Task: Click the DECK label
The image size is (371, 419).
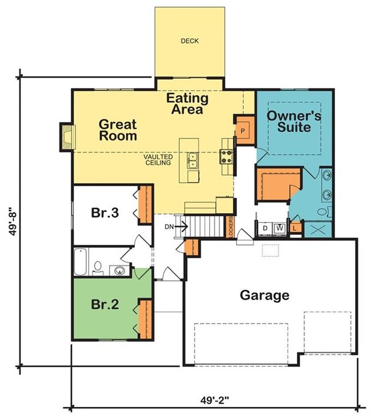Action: point(189,41)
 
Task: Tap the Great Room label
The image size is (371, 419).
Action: point(118,130)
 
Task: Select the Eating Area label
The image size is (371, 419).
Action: point(187,104)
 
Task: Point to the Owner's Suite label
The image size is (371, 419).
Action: point(294,122)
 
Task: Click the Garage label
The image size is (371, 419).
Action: point(264,295)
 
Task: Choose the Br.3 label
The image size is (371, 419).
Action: point(105,213)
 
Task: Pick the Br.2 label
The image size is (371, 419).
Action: point(105,304)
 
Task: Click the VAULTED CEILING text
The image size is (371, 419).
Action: point(158,159)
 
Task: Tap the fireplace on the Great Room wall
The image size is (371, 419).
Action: point(67,137)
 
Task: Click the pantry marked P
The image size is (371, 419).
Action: point(244,130)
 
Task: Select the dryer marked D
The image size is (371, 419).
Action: point(265,228)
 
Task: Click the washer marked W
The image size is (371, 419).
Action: point(280,228)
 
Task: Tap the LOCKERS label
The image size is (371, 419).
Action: point(230,227)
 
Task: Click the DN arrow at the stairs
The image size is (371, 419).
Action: point(176,227)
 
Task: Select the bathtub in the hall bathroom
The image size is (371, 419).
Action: point(80,262)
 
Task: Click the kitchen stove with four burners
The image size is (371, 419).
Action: point(226,157)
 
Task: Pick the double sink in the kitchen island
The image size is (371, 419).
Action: point(192,160)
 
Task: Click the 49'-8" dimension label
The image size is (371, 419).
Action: point(13,221)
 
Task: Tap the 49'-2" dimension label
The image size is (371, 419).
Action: point(215,401)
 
